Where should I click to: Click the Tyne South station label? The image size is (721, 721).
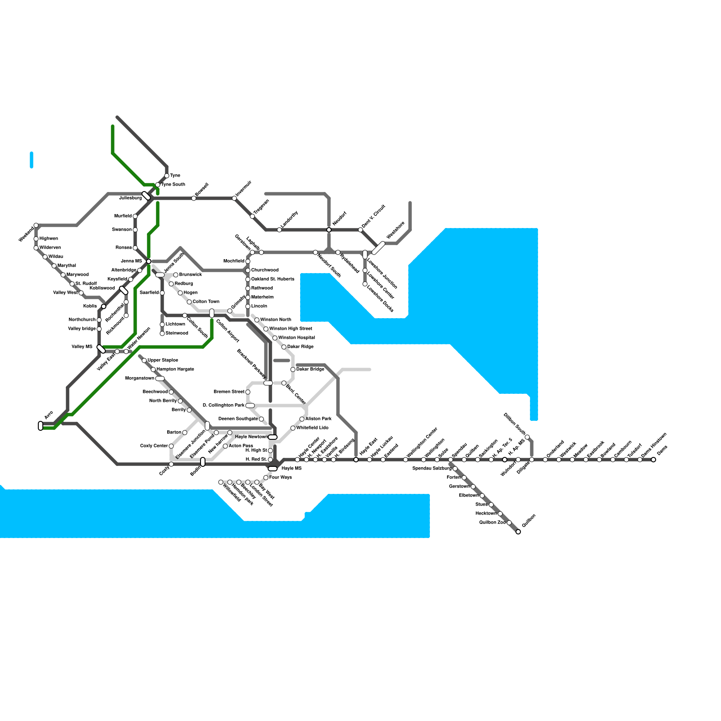tap(173, 185)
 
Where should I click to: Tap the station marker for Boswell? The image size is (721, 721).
tap(194, 198)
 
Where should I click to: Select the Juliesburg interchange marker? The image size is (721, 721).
tap(146, 196)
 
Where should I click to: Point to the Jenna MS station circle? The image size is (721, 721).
tap(149, 261)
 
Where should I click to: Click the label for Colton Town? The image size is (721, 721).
tap(206, 302)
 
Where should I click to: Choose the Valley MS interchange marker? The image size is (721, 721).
tap(101, 349)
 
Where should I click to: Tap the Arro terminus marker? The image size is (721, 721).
tap(41, 426)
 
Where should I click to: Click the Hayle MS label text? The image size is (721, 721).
tap(291, 469)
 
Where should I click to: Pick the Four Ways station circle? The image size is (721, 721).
tap(266, 478)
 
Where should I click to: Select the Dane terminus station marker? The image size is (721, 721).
tap(653, 460)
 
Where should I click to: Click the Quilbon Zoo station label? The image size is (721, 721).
tap(492, 523)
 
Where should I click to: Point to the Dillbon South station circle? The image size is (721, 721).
tap(527, 437)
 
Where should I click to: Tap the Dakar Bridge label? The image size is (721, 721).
tap(310, 370)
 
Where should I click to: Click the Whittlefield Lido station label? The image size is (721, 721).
tap(312, 428)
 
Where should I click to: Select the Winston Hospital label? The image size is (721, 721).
tap(297, 338)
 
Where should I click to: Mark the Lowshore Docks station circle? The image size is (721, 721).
tap(365, 284)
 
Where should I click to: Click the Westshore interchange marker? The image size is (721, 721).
tap(378, 248)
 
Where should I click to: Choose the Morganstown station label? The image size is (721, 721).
tap(139, 379)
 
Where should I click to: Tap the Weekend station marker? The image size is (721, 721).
tap(36, 225)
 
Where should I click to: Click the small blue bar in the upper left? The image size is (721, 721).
tap(32, 160)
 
